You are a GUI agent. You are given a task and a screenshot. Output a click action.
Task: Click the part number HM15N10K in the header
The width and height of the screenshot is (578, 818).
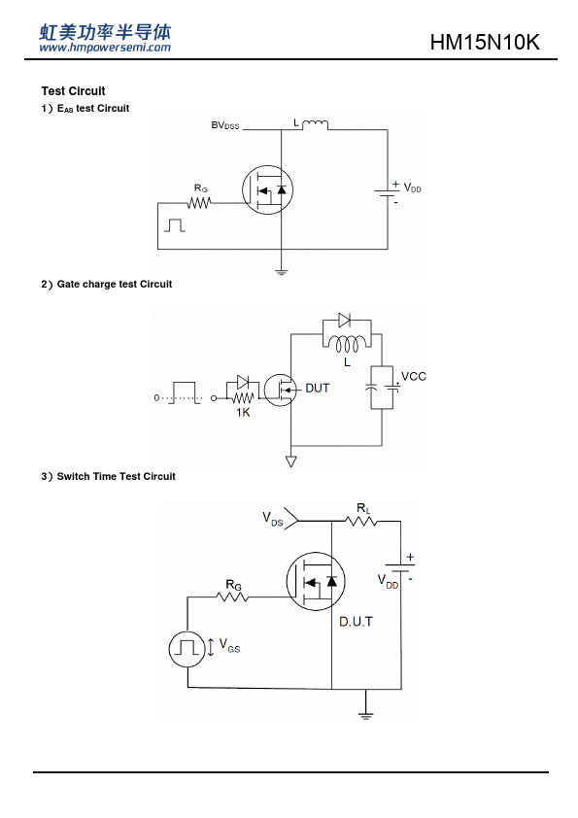485,42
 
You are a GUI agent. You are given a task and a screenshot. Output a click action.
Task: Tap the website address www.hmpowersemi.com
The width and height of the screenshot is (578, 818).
105,48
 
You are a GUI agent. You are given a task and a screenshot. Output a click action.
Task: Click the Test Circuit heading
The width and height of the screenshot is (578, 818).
73,90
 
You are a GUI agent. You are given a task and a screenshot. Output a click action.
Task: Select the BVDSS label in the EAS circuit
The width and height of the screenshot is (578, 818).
224,125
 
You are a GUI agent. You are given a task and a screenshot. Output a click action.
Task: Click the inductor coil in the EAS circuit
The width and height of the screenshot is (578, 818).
315,124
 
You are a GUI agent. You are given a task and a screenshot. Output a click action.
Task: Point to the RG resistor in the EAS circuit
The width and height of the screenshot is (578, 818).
199,202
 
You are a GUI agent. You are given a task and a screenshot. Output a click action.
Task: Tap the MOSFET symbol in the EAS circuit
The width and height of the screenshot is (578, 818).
267,189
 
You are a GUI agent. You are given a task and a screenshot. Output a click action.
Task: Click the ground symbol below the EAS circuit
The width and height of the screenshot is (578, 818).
281,271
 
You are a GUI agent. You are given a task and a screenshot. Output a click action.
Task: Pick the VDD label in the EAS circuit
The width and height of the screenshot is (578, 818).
412,187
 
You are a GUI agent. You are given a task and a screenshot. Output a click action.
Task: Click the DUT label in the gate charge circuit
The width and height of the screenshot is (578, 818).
317,389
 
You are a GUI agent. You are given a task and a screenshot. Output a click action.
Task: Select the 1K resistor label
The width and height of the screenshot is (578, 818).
243,412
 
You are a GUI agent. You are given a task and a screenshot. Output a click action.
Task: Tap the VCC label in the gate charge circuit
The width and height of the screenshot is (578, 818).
414,376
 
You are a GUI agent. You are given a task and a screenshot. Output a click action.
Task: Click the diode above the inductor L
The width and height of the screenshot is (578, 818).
344,320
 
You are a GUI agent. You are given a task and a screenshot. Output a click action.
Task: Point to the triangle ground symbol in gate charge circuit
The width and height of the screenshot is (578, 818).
291,461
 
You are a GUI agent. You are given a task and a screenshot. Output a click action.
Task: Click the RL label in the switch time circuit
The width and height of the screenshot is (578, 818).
363,507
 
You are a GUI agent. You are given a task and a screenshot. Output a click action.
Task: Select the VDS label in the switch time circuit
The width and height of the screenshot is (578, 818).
272,519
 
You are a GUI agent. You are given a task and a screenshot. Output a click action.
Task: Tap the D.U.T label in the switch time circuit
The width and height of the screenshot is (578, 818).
356,622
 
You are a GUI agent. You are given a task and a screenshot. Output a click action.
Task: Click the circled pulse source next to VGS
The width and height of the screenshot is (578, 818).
187,649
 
